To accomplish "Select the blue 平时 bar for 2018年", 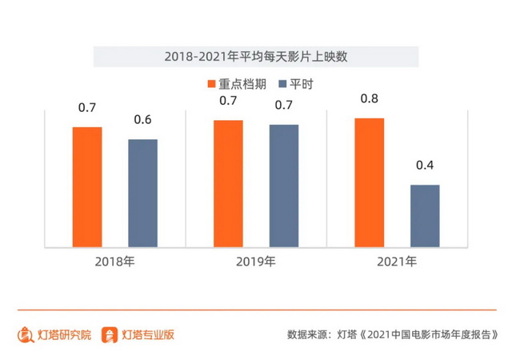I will [x=143, y=193].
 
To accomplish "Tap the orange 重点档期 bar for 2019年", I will [x=228, y=183].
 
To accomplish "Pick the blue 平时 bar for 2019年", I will [x=284, y=186].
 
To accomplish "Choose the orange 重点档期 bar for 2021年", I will [x=369, y=182].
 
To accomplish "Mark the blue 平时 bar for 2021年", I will [x=425, y=216].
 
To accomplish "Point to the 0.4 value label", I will [x=425, y=166].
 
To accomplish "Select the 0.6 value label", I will [x=143, y=121].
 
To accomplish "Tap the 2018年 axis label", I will [x=116, y=262].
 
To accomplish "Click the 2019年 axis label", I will [x=256, y=262].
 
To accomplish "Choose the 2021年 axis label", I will [x=397, y=262].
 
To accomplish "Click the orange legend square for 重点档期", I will [x=212, y=84].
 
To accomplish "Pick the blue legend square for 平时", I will [x=282, y=84].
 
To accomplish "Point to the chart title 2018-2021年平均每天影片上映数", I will [x=256, y=57].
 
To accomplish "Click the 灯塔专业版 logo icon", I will [x=110, y=334].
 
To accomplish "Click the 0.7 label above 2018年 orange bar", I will [x=87, y=107].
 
